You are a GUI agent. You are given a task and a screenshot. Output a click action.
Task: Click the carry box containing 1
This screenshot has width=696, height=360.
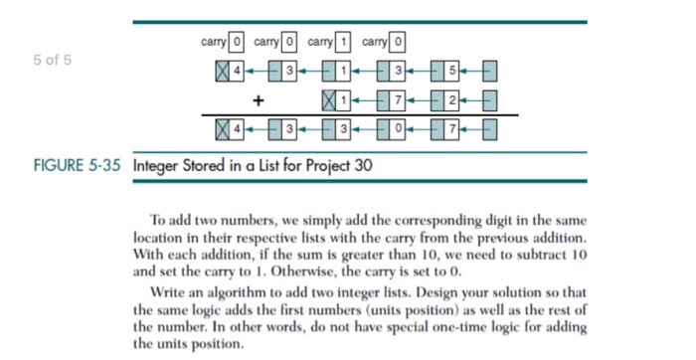click(343, 44)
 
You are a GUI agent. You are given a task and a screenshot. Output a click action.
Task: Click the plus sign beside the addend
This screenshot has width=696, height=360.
click(259, 101)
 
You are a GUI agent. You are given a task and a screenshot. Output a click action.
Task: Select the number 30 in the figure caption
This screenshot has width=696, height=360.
click(362, 165)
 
